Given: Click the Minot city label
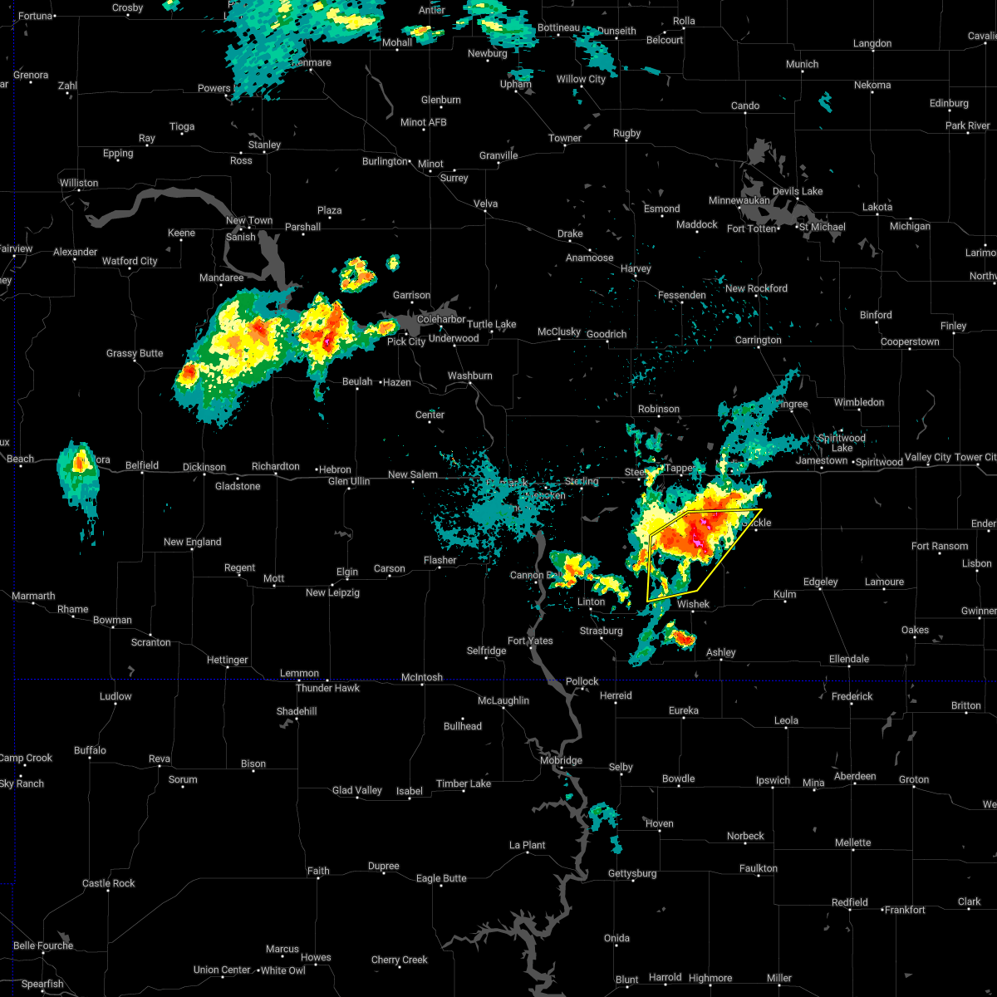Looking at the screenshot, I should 431,164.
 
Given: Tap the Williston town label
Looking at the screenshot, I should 79,183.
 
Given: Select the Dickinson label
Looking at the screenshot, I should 204,468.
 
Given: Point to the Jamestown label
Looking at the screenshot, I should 822,460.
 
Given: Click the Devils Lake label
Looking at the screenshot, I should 798,191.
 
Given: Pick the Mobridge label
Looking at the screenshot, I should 561,760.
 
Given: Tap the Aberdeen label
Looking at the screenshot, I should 855,776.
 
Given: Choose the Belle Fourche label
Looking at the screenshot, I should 43,945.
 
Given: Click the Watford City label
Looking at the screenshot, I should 130,261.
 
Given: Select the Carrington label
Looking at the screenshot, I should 758,340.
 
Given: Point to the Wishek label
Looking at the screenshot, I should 693,604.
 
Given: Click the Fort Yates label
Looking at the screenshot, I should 530,641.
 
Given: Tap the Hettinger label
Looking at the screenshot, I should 227,660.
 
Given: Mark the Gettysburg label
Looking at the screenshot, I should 631,873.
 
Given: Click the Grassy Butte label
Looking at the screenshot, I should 135,353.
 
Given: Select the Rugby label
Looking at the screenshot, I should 626,133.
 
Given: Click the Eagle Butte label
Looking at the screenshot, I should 441,878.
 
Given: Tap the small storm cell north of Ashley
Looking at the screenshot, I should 681,638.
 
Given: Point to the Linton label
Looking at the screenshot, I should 591,602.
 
